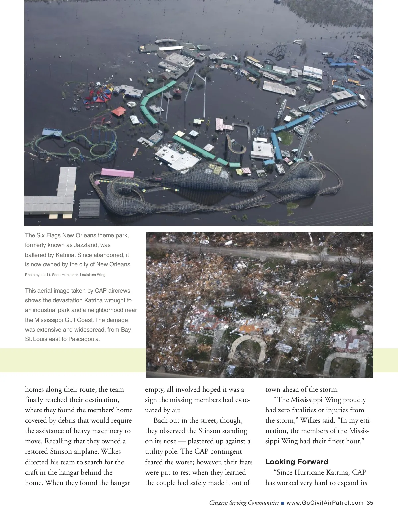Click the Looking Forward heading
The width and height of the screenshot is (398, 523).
click(x=297, y=462)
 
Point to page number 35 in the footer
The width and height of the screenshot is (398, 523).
click(x=370, y=503)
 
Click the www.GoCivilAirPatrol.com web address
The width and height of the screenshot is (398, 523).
click(x=325, y=503)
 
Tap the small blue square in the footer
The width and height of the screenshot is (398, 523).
click(x=282, y=503)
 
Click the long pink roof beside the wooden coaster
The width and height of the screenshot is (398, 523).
click(x=117, y=173)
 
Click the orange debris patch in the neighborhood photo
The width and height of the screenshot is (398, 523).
click(x=250, y=329)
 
